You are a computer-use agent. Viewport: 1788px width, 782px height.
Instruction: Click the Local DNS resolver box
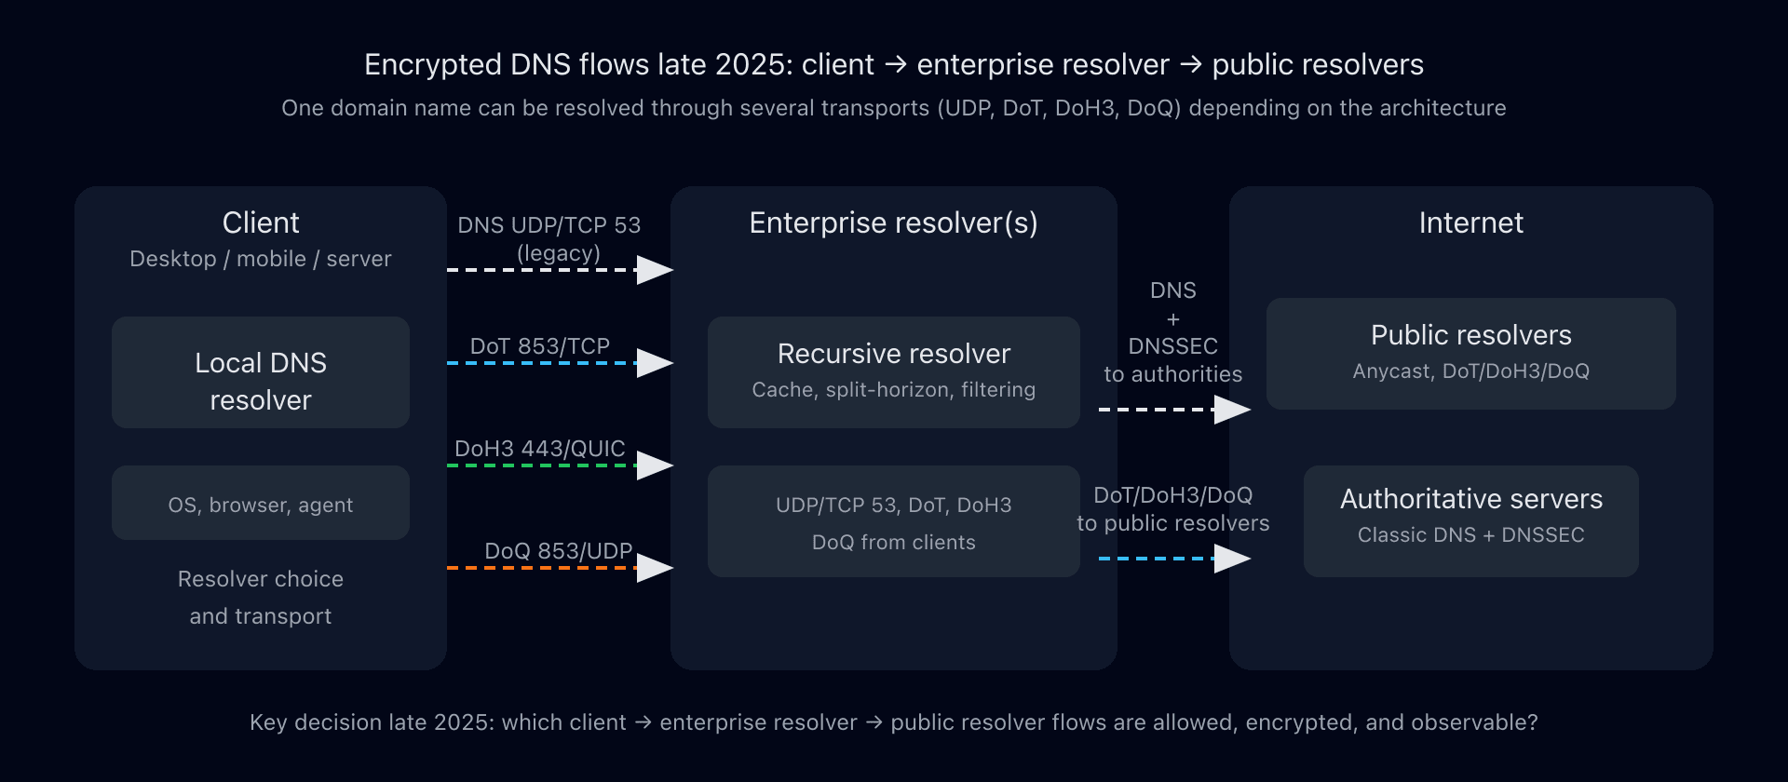261,372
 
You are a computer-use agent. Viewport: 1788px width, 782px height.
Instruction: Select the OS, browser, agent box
261,504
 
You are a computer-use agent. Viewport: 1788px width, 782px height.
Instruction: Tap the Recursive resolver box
893,372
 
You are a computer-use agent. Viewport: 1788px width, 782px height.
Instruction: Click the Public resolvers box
1470,354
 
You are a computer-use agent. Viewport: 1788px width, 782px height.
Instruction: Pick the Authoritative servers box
1470,520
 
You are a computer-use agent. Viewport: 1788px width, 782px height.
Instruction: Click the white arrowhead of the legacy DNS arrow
655,270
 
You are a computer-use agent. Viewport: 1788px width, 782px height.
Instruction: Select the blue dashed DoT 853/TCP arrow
540,363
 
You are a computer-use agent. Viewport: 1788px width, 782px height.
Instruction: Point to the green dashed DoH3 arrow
540,465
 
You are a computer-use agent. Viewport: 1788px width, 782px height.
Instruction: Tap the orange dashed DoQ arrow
540,567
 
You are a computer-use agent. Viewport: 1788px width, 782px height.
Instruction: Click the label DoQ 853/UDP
558,550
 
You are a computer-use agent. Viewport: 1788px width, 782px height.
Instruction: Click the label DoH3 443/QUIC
539,448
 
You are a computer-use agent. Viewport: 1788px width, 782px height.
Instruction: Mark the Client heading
261,222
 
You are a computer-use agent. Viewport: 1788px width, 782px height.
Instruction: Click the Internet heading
1470,222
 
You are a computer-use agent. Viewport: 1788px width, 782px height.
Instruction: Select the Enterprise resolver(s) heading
893,222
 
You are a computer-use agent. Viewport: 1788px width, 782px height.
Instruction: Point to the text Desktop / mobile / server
261,259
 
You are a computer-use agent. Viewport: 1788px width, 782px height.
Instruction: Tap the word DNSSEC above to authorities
1172,346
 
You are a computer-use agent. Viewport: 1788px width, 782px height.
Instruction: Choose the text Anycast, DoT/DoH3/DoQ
1470,371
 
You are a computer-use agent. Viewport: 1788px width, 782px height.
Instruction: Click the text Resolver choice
261,579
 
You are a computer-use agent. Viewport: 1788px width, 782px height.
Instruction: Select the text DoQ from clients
893,542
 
